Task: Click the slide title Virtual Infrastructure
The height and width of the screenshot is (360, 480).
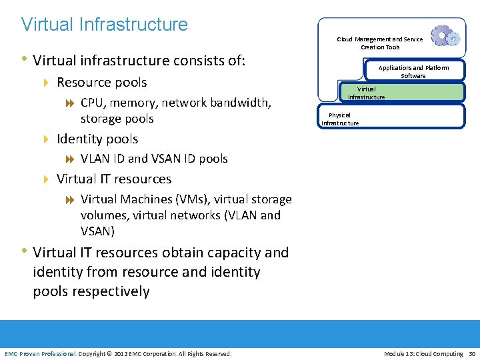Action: pyautogui.click(x=105, y=25)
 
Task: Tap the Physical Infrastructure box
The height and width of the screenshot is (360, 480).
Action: pyautogui.click(x=391, y=116)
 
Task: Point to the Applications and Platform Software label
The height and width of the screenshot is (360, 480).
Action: pyautogui.click(x=413, y=71)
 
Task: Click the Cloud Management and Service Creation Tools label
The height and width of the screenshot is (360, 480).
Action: pyautogui.click(x=380, y=43)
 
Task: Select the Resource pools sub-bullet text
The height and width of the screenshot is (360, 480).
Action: pyautogui.click(x=101, y=83)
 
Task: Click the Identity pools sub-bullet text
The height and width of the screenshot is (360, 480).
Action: pyautogui.click(x=97, y=139)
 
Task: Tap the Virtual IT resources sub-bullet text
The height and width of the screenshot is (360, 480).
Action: pyautogui.click(x=114, y=179)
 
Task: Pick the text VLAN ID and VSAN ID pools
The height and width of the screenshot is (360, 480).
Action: pyautogui.click(x=154, y=159)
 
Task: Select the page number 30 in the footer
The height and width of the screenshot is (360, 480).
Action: pyautogui.click(x=472, y=353)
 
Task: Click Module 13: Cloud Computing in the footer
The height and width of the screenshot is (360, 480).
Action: pyautogui.click(x=423, y=353)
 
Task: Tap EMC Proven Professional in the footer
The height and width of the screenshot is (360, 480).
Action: pyautogui.click(x=41, y=353)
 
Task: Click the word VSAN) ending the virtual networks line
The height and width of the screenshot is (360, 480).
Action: pyautogui.click(x=97, y=231)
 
